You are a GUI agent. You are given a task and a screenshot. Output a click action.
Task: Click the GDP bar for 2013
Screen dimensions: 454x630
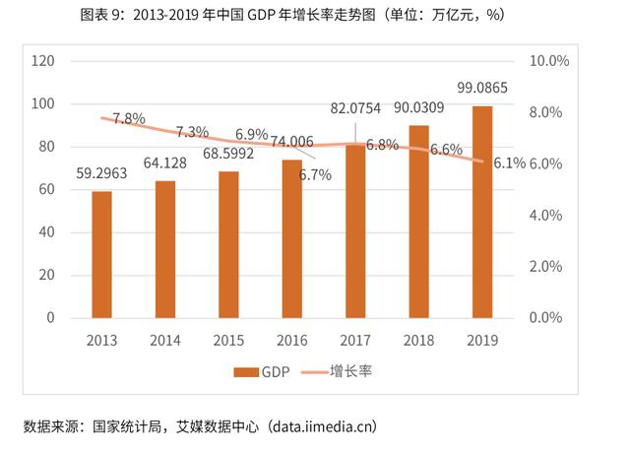[x=102, y=254]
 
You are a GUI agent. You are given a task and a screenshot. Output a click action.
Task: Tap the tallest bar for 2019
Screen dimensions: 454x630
[x=482, y=212]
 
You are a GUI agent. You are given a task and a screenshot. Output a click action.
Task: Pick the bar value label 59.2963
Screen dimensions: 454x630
[x=102, y=174]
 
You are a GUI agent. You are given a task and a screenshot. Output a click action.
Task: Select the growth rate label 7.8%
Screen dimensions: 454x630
[x=129, y=118]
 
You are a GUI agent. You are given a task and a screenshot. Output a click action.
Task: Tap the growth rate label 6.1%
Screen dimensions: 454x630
[x=509, y=163]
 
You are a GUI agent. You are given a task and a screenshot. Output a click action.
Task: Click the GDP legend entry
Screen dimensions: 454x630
[x=264, y=371]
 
